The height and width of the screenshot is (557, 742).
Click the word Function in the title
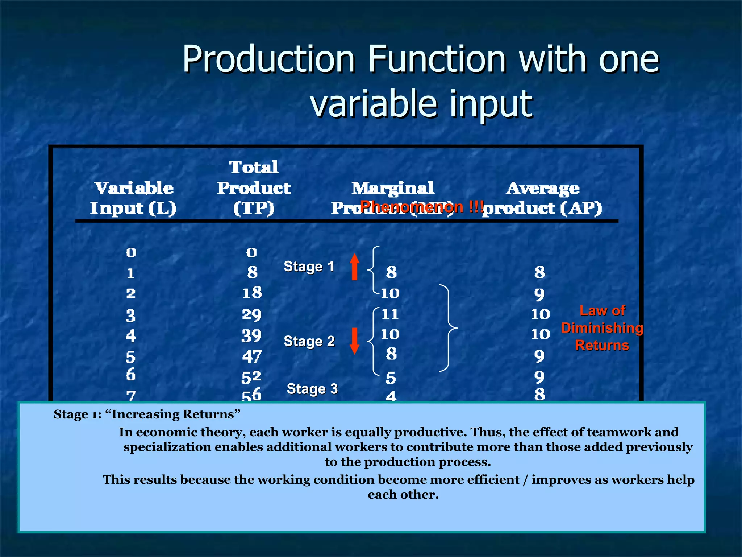coord(437,59)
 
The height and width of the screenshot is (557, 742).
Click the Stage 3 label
coord(312,389)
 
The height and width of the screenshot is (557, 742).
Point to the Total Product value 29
coord(252,315)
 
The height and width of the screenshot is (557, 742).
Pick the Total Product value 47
coord(252,356)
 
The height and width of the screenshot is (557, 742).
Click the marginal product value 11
coord(390,314)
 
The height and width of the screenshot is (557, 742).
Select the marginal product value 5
coord(391,378)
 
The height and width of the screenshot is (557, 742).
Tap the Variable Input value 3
coord(130,316)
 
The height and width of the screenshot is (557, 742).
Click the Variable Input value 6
coord(130,375)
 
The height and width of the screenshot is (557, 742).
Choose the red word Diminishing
coord(602,328)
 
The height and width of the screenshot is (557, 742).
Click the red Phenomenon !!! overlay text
coord(422,207)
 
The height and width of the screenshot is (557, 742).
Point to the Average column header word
coord(543,188)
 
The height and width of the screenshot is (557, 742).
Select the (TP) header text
coord(254,209)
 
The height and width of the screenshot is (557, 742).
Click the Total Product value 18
coord(252,293)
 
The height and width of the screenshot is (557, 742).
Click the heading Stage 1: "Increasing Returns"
coord(147,414)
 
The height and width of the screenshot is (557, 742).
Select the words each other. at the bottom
coord(403,495)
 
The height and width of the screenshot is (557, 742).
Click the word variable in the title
coord(373,104)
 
